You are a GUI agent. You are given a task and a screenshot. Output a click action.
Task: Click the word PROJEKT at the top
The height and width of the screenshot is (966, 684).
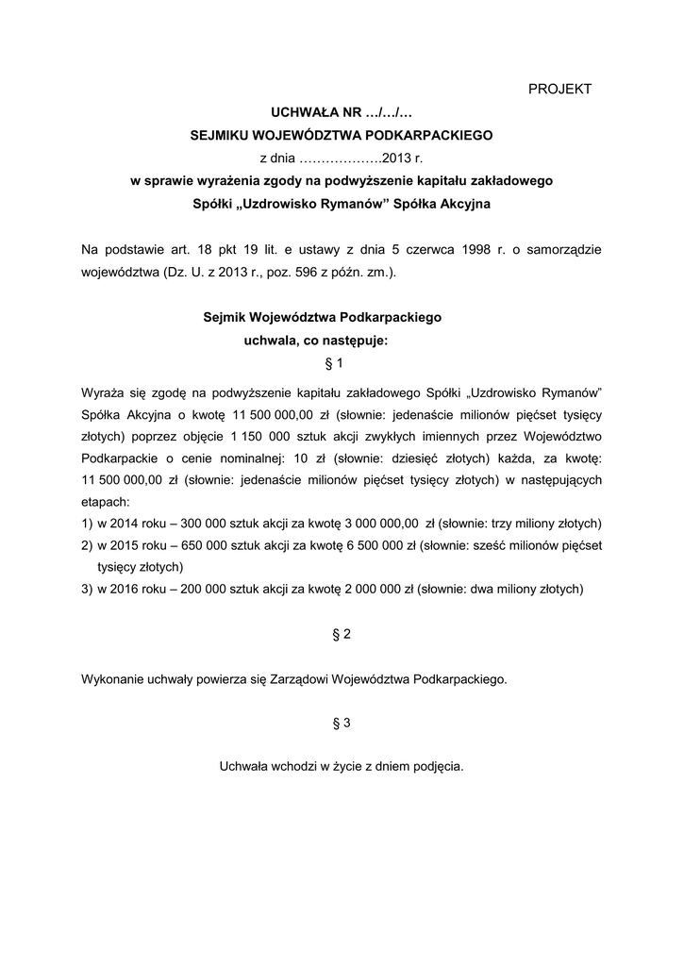[x=559, y=89]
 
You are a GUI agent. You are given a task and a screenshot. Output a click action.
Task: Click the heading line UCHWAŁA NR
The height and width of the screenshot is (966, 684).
[x=342, y=112]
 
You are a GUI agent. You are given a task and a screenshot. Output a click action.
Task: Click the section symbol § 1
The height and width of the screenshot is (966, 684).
[x=342, y=362]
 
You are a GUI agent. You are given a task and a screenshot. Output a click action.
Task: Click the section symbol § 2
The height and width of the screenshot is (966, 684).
[x=342, y=634]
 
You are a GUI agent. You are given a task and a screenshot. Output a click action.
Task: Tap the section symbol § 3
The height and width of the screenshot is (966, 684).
[x=342, y=723]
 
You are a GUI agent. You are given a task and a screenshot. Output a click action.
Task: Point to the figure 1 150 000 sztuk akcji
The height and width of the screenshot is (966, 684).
[x=261, y=436]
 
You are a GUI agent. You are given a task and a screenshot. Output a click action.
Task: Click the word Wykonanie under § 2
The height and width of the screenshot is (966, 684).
[x=114, y=678]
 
